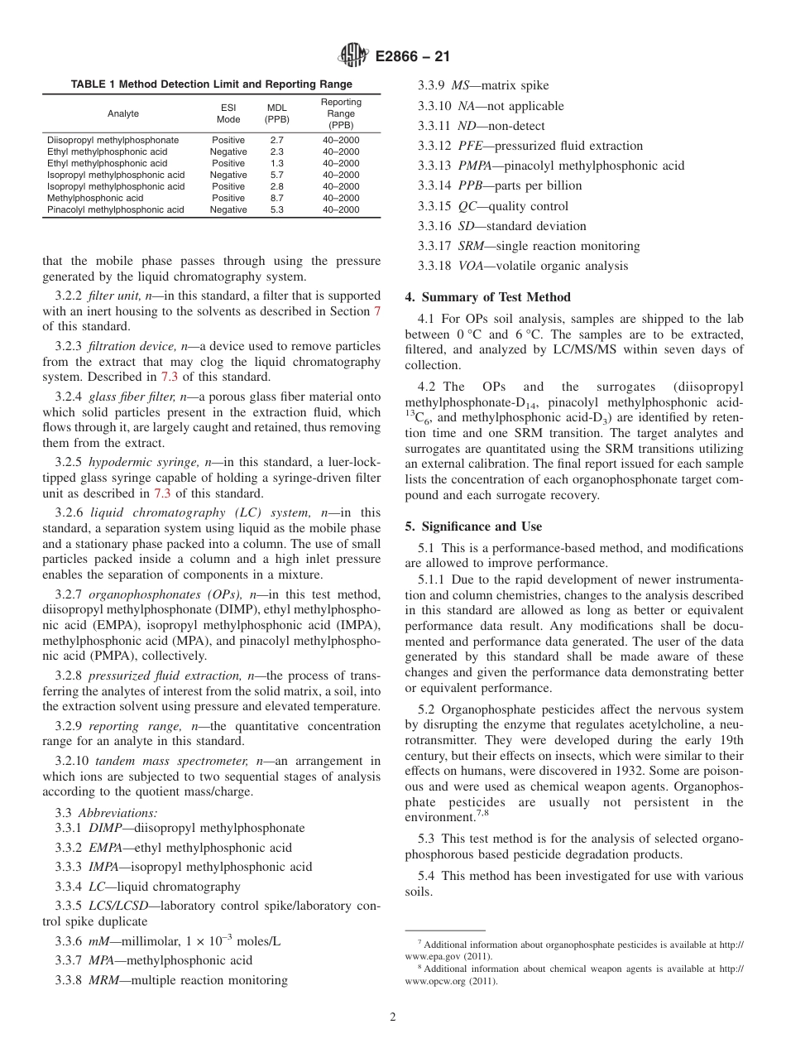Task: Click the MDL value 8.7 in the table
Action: (276, 199)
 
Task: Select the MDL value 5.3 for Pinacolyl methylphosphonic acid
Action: (276, 210)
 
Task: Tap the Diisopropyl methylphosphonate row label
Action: (113, 141)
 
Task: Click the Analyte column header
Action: (123, 113)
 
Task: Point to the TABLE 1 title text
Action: (211, 84)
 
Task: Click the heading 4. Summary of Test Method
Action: (487, 297)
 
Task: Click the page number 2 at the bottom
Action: (393, 1017)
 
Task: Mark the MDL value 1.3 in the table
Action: (276, 164)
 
